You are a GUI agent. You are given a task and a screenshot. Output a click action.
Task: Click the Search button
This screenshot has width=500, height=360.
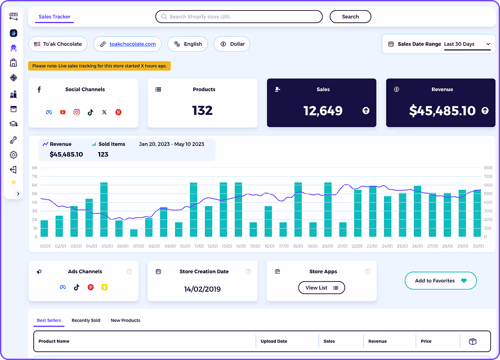(350, 17)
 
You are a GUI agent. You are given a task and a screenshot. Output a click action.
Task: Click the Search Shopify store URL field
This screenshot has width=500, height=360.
(239, 17)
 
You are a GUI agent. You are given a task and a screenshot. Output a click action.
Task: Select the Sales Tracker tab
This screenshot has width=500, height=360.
(54, 17)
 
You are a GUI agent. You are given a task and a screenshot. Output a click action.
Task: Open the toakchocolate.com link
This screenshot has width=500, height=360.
(133, 44)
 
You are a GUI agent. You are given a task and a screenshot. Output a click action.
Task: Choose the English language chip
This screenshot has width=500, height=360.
(187, 44)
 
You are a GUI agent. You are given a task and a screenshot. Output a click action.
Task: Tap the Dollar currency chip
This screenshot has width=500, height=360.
(232, 44)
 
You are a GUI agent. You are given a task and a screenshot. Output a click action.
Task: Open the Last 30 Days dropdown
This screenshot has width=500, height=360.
(467, 44)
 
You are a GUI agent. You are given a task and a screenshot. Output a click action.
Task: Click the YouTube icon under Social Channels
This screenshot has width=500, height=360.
(62, 112)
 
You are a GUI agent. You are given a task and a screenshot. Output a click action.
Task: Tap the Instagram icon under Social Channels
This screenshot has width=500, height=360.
(77, 112)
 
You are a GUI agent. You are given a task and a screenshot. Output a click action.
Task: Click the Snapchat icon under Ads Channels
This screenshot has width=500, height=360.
(104, 287)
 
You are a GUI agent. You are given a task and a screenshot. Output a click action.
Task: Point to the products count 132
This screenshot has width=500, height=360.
(202, 110)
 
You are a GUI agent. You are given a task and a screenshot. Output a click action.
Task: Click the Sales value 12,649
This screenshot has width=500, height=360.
(323, 111)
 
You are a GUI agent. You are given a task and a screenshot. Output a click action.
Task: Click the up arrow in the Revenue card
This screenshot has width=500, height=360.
(485, 111)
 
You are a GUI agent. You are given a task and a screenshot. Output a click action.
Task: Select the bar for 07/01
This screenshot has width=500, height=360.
(133, 233)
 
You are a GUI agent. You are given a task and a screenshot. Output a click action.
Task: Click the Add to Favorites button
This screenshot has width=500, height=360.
(440, 281)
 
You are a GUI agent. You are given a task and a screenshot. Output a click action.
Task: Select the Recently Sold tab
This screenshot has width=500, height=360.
(86, 321)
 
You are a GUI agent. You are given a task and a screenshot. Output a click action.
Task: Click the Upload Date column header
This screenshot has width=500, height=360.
(274, 341)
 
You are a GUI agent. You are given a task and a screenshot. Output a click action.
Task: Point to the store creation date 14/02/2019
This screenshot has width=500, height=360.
(203, 289)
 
